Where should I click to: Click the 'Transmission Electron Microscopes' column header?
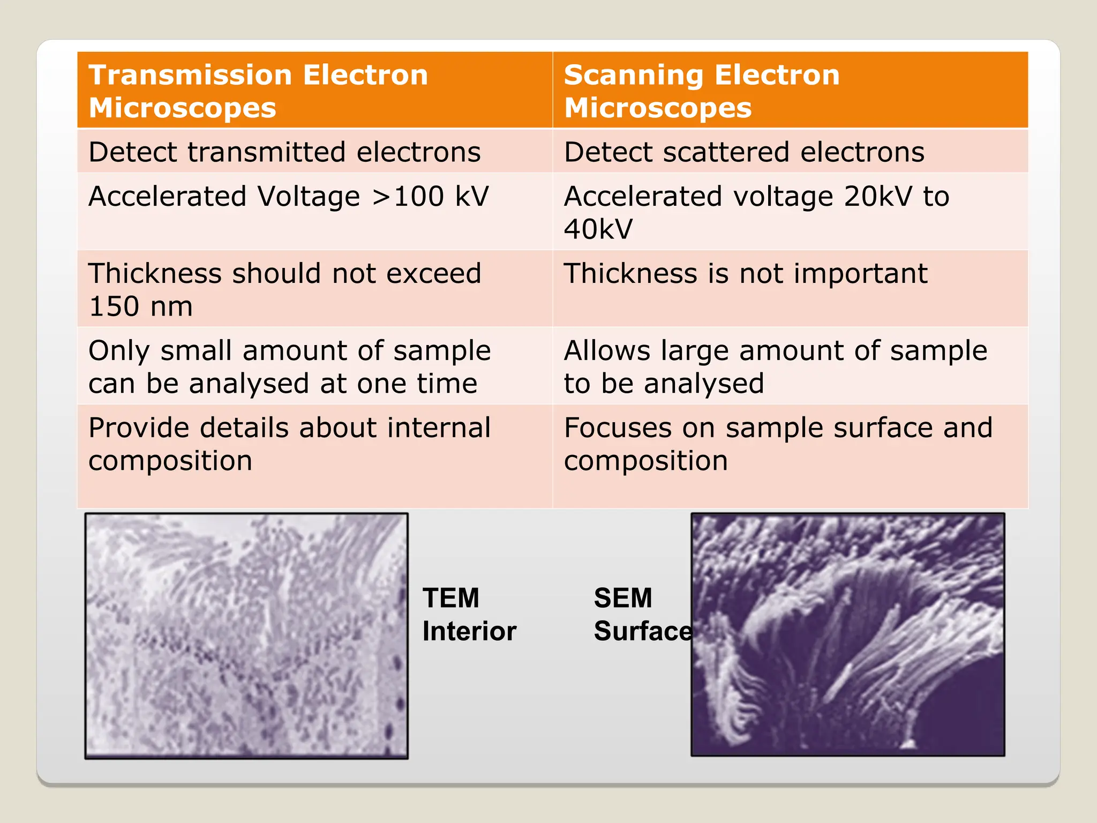click(258, 91)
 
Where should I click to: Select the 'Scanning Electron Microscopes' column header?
click(702, 91)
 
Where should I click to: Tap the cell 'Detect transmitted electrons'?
click(284, 152)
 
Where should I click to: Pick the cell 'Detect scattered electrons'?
click(744, 152)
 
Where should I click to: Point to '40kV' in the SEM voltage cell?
click(598, 229)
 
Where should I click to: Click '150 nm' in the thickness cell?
click(140, 306)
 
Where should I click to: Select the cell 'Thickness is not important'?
click(746, 274)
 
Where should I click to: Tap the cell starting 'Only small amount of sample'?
click(289, 366)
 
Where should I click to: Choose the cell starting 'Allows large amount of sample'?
click(776, 366)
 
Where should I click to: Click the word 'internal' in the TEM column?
click(439, 428)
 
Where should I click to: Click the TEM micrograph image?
click(246, 635)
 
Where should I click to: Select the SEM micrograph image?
click(847, 634)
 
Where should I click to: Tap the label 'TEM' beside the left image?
click(451, 598)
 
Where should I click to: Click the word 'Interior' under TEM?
click(469, 631)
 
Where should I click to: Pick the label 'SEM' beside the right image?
click(623, 598)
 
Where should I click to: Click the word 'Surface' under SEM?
click(642, 631)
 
